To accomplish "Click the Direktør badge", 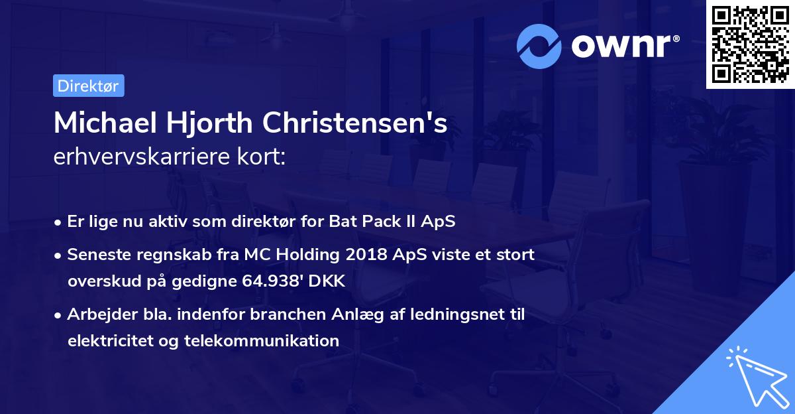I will coord(88,86).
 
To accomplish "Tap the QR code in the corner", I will coord(750,44).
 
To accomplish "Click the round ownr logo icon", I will coord(539,46).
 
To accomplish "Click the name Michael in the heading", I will coord(103,123).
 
